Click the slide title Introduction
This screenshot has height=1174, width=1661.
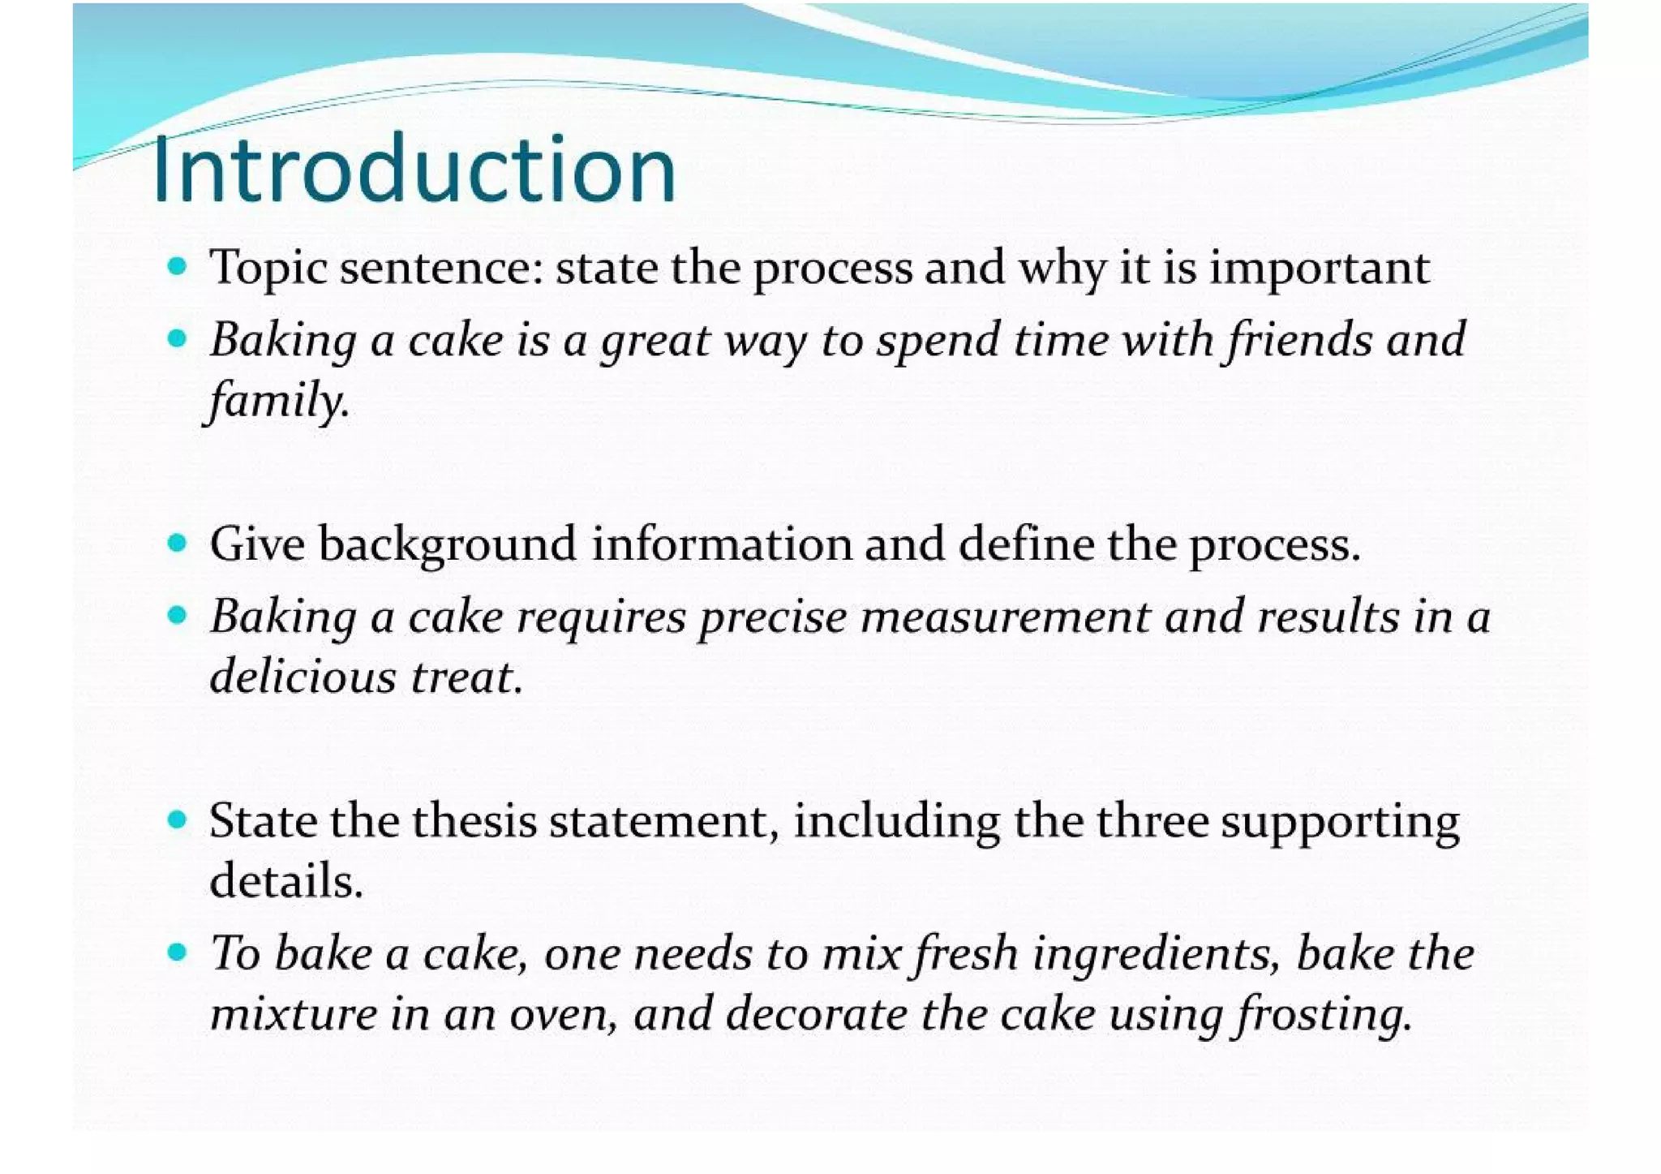[x=414, y=170]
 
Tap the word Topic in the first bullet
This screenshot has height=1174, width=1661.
[x=268, y=269]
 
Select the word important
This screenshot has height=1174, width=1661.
[x=1320, y=269]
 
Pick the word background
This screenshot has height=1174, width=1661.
[x=447, y=544]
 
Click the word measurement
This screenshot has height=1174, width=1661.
[x=1005, y=617]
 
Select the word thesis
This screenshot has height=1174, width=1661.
[x=474, y=821]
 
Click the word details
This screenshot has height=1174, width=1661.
[x=285, y=881]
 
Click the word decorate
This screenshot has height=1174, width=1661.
[x=816, y=1014]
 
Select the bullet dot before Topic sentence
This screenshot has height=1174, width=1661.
[x=177, y=266]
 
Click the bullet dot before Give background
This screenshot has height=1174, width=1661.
[x=177, y=542]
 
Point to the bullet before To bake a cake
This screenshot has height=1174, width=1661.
[x=177, y=951]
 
